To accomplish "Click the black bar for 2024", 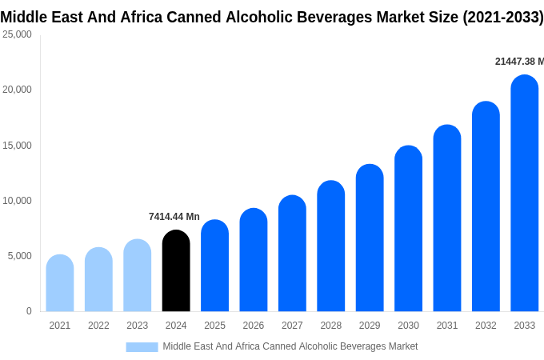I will [176, 271].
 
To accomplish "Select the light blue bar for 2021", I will [60, 283].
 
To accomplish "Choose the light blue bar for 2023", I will [138, 275].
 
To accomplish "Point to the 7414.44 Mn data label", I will [174, 217].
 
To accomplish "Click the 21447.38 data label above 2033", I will [518, 62].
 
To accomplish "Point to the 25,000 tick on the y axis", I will [17, 34].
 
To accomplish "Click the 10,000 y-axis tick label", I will [17, 201].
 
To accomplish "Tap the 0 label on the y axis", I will [29, 311].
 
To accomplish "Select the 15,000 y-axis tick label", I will [17, 146].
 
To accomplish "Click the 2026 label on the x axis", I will [254, 326].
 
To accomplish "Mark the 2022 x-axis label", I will [98, 326].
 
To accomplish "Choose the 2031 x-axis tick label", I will [447, 326].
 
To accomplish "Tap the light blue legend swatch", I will [142, 347].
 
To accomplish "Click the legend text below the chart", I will [290, 346].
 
